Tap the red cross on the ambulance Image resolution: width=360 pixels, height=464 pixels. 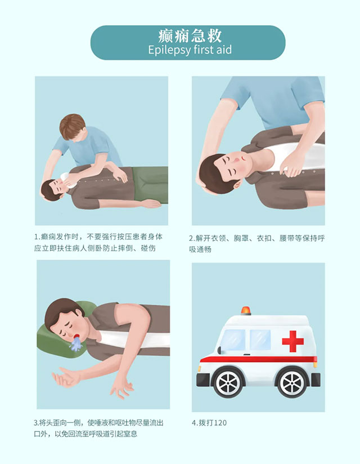point(292,341)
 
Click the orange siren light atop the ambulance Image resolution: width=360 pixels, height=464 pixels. point(246,311)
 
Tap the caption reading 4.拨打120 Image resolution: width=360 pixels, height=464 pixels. point(209,422)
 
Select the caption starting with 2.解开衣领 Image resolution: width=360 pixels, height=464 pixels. point(256,243)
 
